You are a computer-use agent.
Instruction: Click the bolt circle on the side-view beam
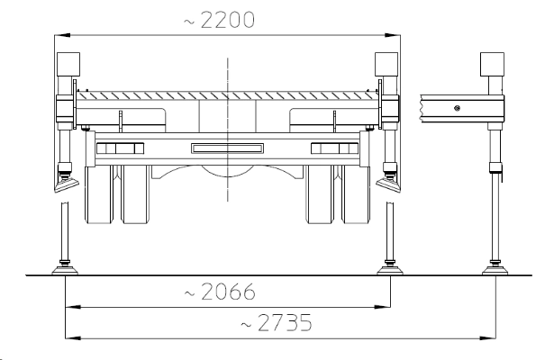pos(459,108)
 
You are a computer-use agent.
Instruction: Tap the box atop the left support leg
pos(68,65)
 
